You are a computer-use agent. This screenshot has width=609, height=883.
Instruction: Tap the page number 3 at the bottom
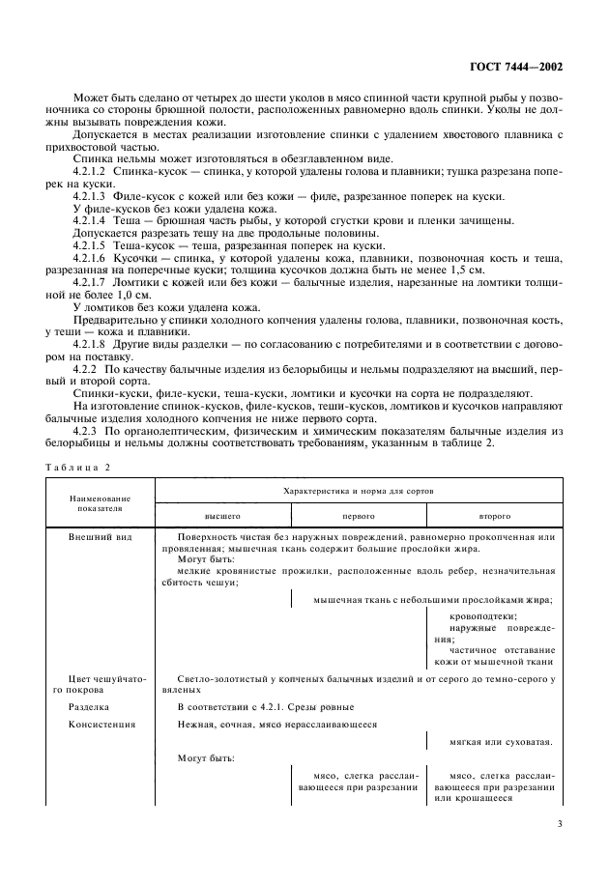tap(559, 824)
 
